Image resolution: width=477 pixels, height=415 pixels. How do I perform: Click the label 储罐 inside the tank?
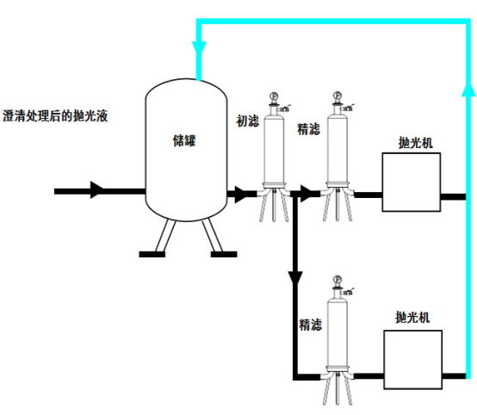[184, 140]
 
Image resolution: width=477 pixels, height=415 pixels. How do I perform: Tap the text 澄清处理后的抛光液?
[55, 116]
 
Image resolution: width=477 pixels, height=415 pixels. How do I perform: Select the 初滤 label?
[248, 121]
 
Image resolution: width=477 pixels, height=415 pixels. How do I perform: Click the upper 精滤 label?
[308, 129]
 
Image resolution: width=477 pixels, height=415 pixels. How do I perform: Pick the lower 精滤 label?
[310, 325]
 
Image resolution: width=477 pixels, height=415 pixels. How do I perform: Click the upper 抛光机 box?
[412, 183]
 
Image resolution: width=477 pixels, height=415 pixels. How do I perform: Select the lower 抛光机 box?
[412, 360]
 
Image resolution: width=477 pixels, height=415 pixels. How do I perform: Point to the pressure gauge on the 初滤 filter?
[274, 96]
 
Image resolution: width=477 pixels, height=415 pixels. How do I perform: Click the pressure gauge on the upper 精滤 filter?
[338, 95]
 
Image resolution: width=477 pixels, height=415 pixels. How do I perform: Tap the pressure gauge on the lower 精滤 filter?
[338, 279]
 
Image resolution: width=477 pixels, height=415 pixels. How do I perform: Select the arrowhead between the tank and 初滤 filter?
[241, 195]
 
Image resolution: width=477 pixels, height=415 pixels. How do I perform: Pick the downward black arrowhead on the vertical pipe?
[295, 278]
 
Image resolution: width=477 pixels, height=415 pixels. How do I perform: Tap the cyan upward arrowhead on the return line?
[468, 90]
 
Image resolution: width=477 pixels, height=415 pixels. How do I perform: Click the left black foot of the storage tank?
[152, 254]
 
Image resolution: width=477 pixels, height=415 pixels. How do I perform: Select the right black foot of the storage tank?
[224, 254]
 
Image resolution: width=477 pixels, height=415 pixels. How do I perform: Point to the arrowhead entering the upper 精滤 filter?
[307, 194]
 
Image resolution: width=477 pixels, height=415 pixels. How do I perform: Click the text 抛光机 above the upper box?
[415, 143]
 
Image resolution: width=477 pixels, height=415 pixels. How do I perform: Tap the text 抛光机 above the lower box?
[412, 318]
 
